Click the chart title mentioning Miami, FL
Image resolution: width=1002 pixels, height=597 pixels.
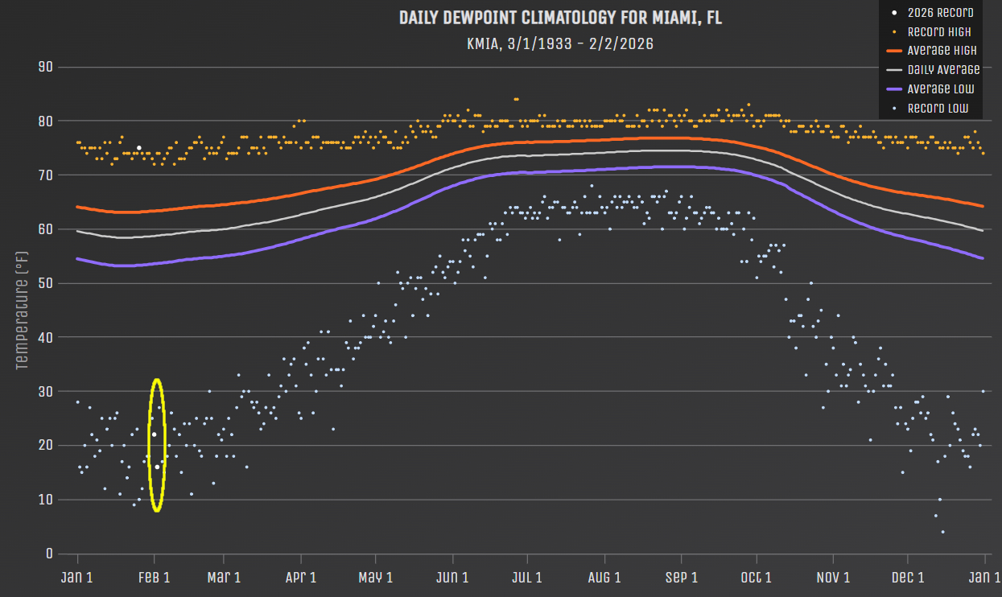pos(560,18)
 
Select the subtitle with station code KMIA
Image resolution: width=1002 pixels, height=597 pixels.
pos(560,43)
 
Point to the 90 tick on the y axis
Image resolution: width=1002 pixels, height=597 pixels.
pos(45,67)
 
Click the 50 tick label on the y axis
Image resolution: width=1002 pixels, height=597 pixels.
pos(45,283)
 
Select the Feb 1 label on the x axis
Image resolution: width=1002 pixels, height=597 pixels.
pos(155,577)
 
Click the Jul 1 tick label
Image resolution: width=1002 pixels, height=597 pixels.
pos(527,577)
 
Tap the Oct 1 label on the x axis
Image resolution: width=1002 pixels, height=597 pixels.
pos(757,577)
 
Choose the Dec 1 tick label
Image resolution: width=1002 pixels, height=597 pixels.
pos(907,577)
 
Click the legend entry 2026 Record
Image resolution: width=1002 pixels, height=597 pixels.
pos(940,13)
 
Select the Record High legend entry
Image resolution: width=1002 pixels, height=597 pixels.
pos(938,32)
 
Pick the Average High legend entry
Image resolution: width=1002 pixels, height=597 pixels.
pos(942,51)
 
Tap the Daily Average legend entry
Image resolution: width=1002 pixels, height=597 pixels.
pos(943,70)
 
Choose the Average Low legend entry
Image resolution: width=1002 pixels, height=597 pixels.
pos(941,89)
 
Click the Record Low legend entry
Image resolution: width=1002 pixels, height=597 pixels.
pos(938,109)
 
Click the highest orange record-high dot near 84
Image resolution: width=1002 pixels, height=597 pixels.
pos(516,99)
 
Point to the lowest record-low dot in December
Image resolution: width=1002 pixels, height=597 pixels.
pos(942,532)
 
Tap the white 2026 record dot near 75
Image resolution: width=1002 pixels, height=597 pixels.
pos(138,148)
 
